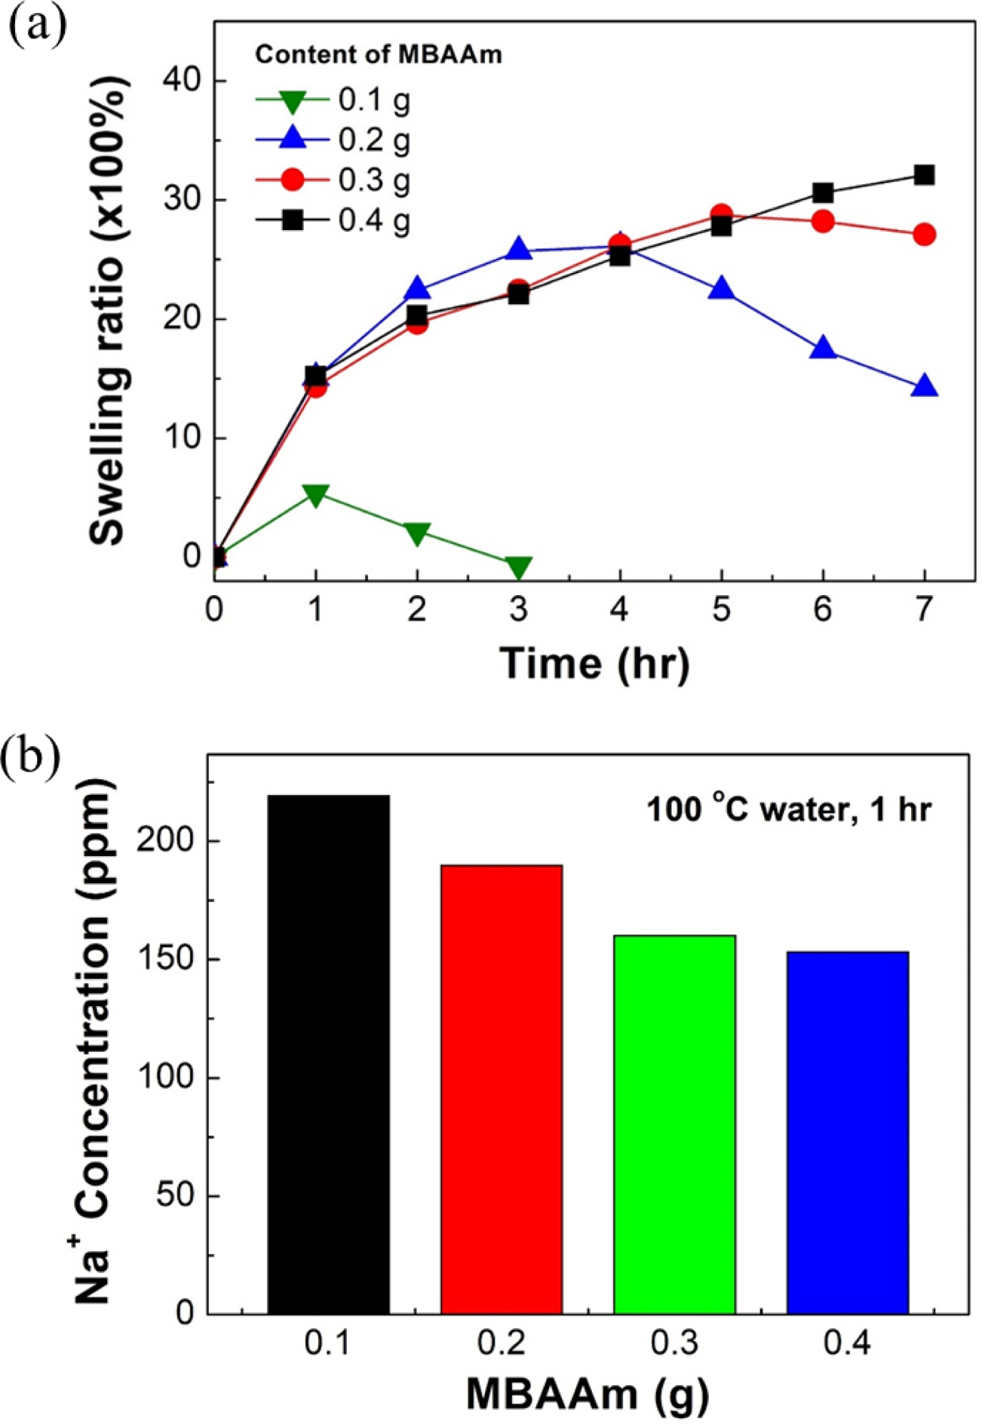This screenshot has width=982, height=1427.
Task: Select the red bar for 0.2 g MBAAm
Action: tap(502, 1089)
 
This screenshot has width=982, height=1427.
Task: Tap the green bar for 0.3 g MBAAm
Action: tap(674, 1125)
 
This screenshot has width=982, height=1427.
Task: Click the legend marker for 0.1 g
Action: tap(293, 100)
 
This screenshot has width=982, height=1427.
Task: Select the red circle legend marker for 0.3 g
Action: tap(293, 180)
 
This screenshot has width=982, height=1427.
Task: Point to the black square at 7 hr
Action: tap(924, 176)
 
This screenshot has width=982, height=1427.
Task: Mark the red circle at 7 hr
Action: tap(924, 235)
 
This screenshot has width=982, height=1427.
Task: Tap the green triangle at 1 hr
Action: tap(315, 495)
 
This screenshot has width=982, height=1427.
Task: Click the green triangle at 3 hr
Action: tap(518, 567)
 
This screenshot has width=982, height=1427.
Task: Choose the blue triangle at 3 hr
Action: tap(518, 249)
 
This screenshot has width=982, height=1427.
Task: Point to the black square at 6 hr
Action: tap(823, 193)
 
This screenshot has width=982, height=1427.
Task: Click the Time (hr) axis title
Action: tap(594, 664)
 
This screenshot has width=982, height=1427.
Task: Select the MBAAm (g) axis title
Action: tap(588, 1394)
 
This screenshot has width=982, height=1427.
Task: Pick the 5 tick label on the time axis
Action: tap(722, 609)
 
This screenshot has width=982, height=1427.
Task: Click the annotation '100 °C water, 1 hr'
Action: tap(789, 810)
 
